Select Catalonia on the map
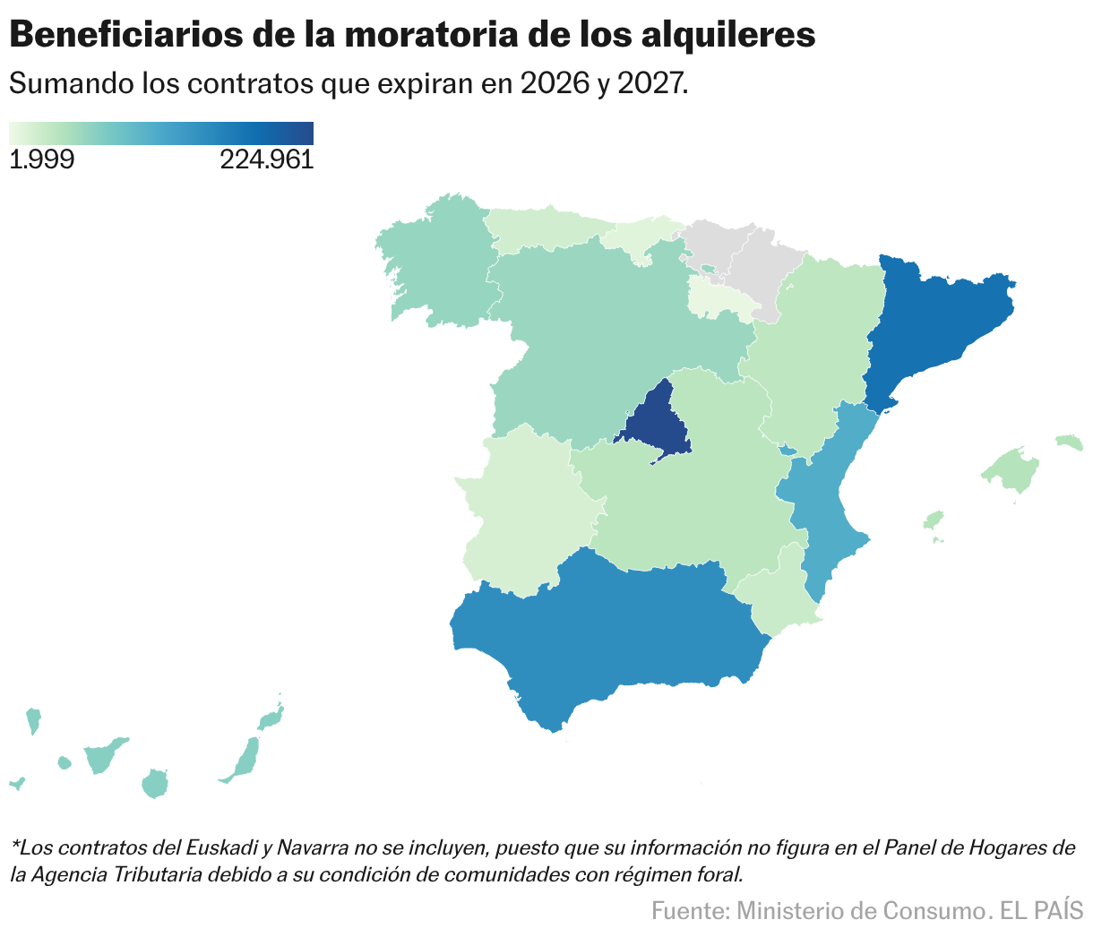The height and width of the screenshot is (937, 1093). pos(932,322)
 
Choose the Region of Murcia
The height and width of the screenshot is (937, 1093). pos(775,596)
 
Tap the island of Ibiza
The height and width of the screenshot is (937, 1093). pos(934,520)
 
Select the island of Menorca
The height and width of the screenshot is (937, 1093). pos(1069,441)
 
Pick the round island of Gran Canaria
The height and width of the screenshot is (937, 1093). pos(155,783)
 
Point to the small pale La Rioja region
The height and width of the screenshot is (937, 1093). pos(717,298)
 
